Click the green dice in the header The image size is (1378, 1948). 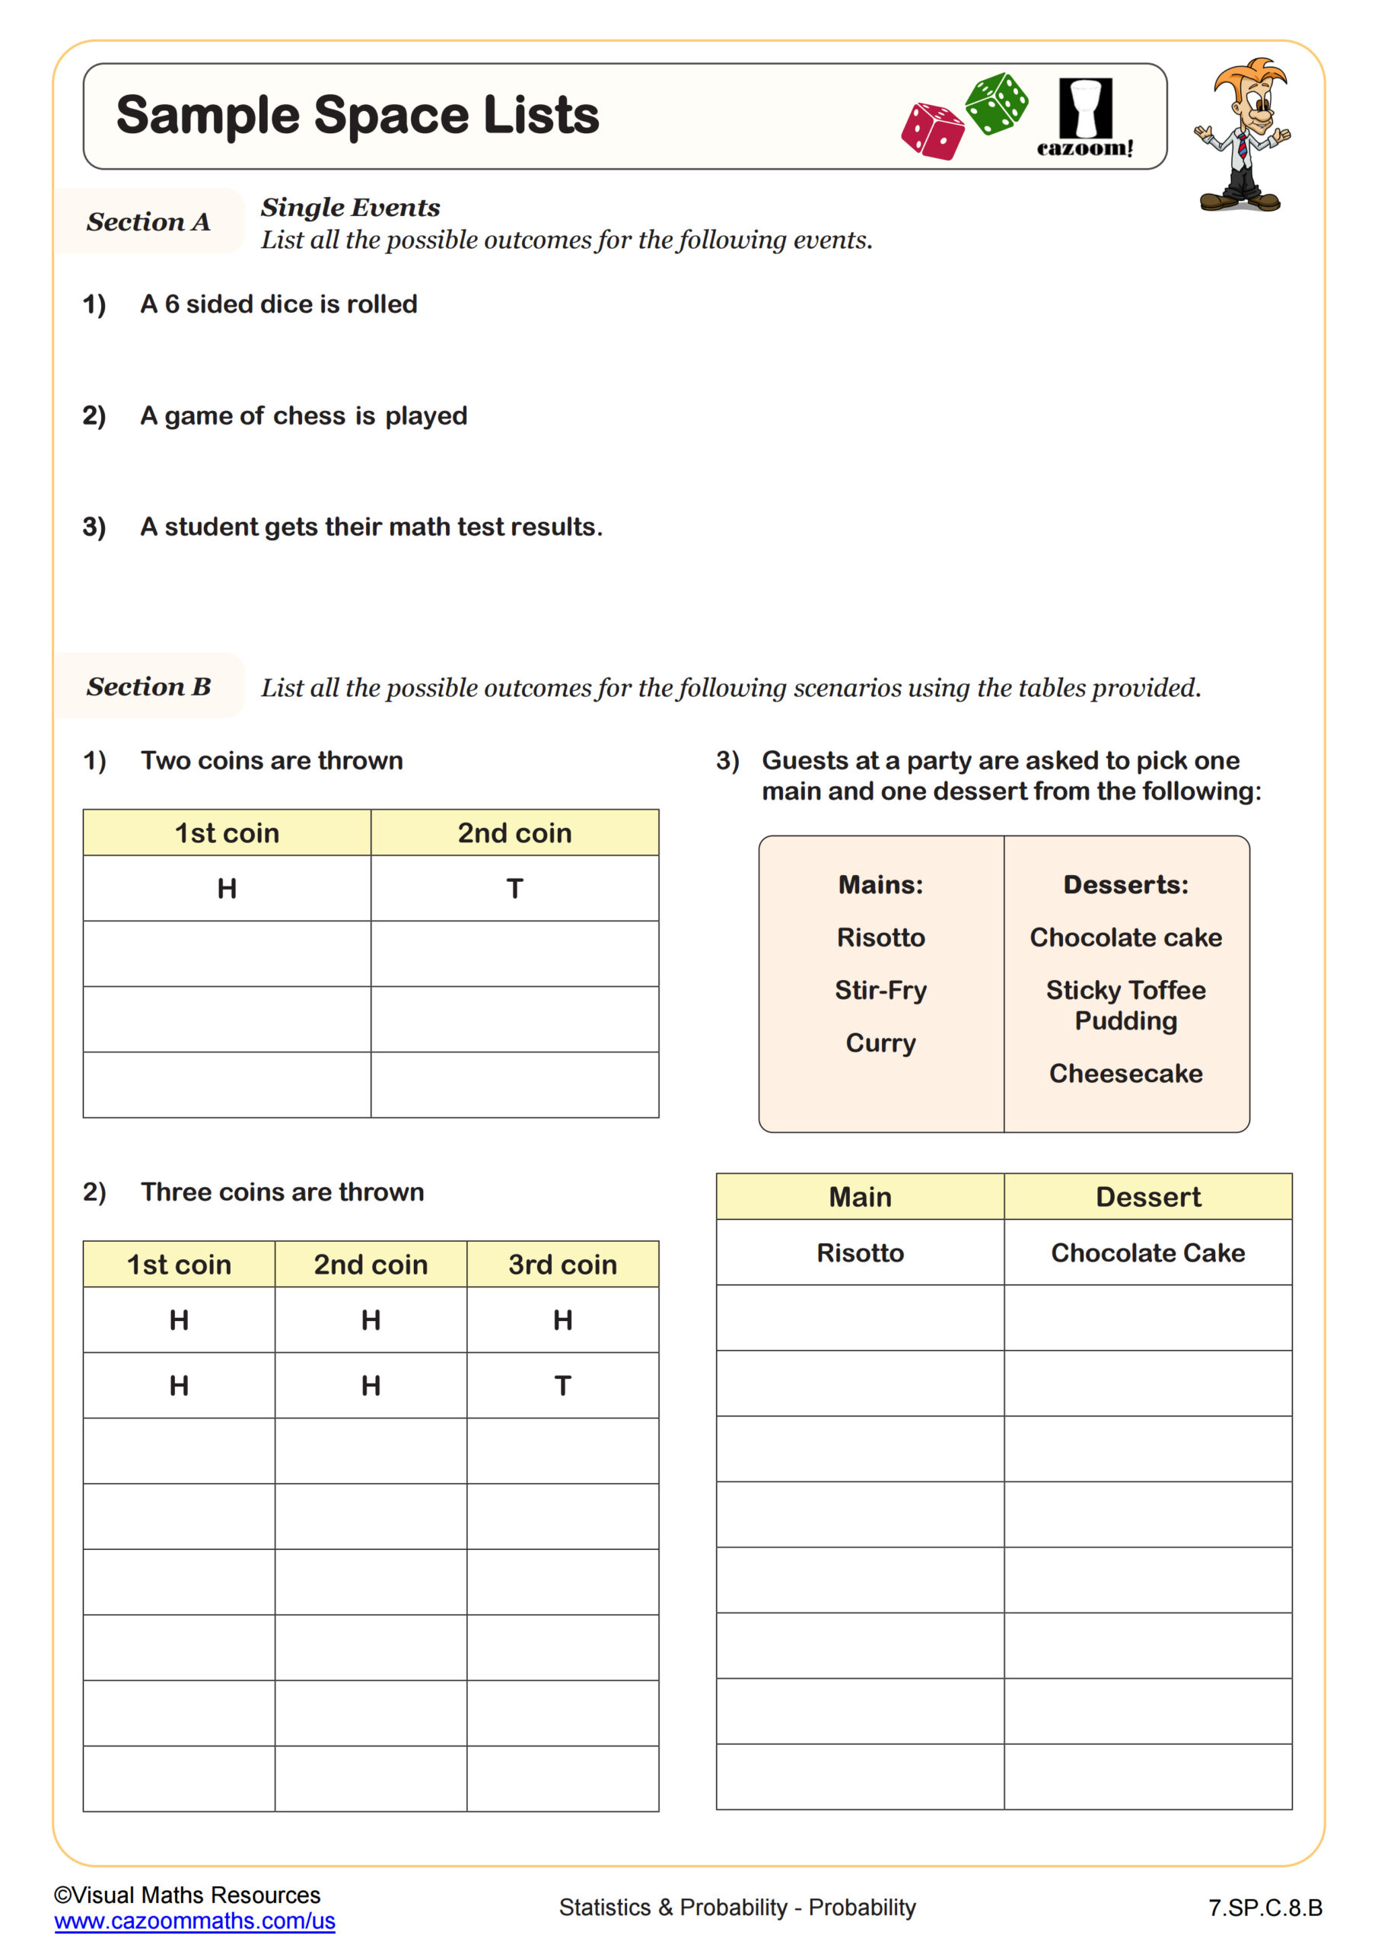pyautogui.click(x=996, y=103)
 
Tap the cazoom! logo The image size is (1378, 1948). pyautogui.click(x=1084, y=119)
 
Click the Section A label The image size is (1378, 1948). pyautogui.click(x=148, y=221)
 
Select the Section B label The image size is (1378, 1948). pyautogui.click(x=148, y=686)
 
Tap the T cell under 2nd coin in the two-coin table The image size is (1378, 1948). pyautogui.click(x=514, y=888)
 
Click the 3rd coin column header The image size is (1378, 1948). pyautogui.click(x=562, y=1264)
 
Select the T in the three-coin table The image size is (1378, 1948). pyautogui.click(x=562, y=1386)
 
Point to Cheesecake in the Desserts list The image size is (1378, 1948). pyautogui.click(x=1125, y=1073)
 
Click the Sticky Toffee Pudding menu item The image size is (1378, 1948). pyautogui.click(x=1125, y=1005)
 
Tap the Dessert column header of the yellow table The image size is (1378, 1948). pyautogui.click(x=1147, y=1197)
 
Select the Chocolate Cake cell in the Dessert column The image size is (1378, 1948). pyautogui.click(x=1147, y=1253)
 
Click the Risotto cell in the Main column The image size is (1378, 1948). pyautogui.click(x=860, y=1253)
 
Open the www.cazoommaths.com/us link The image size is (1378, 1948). pyautogui.click(x=194, y=1921)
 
